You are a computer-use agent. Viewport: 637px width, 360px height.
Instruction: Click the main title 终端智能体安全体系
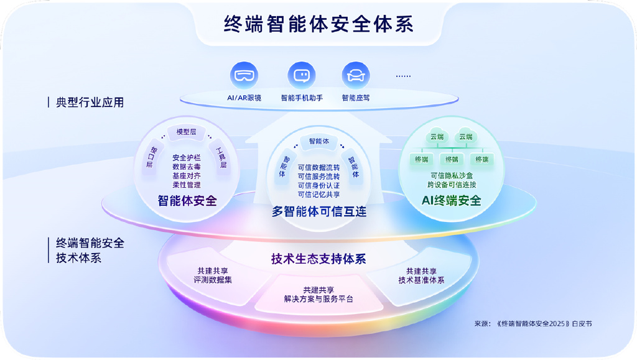(318, 24)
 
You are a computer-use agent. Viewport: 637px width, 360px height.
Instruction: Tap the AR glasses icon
(244, 75)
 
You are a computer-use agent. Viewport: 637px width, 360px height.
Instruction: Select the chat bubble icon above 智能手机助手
(302, 75)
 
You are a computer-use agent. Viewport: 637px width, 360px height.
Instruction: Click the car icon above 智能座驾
(355, 75)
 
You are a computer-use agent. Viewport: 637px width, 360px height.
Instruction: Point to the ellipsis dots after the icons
(403, 76)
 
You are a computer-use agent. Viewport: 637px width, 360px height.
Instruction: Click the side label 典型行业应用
(90, 102)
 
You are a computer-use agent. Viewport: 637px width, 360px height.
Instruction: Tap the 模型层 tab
(187, 132)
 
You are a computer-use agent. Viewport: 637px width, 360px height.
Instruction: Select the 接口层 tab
(152, 157)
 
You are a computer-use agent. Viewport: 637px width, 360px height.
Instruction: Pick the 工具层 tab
(221, 157)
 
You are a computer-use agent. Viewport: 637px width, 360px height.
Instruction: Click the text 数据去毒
(187, 167)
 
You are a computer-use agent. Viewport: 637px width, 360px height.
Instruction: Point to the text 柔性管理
(187, 185)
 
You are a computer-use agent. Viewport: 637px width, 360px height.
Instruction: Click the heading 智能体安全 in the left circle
(187, 200)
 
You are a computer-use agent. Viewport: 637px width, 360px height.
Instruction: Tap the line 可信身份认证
(318, 185)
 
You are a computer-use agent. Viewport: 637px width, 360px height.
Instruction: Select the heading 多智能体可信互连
(319, 211)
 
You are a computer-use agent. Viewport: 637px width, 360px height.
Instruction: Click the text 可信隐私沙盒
(452, 176)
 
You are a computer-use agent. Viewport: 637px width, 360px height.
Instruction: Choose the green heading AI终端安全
(452, 200)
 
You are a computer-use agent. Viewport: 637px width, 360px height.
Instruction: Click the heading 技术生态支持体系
(318, 259)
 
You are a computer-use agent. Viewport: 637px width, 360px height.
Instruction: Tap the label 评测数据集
(213, 280)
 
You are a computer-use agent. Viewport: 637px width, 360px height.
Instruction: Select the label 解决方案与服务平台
(318, 299)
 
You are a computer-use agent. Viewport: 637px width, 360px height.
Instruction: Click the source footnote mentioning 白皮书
(533, 323)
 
